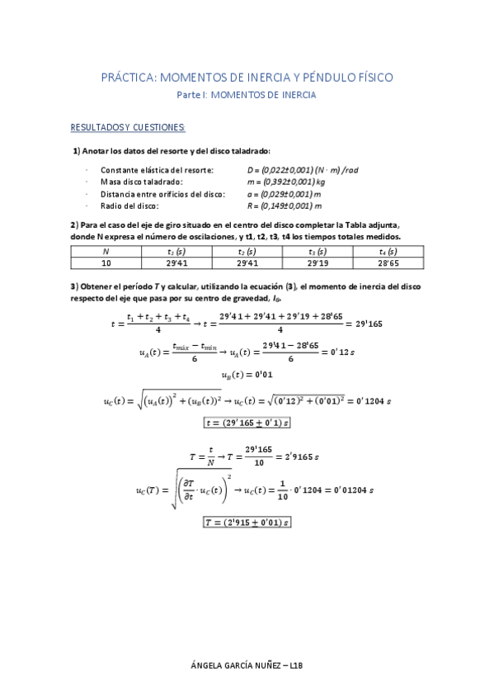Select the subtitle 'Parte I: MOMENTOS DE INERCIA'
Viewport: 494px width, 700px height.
[x=247, y=95]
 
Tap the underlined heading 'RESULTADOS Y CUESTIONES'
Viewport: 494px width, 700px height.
[x=128, y=127]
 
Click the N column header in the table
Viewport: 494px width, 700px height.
[x=106, y=251]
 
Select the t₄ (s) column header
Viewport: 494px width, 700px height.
[x=388, y=251]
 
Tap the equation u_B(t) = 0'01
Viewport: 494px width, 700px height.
[x=247, y=374]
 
